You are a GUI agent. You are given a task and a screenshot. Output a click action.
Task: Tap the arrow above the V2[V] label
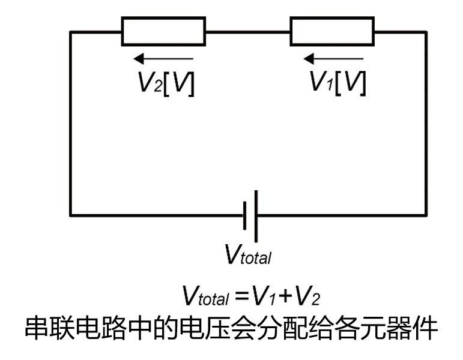163,59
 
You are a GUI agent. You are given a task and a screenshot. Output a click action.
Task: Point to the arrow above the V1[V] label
333,59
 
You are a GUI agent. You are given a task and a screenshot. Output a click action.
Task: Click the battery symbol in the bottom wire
252,215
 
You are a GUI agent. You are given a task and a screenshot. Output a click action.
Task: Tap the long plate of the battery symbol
258,215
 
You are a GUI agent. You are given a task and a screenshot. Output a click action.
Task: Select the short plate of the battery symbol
246,215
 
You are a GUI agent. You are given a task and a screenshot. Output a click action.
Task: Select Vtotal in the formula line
206,296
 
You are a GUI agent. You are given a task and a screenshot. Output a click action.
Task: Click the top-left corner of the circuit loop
71,31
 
